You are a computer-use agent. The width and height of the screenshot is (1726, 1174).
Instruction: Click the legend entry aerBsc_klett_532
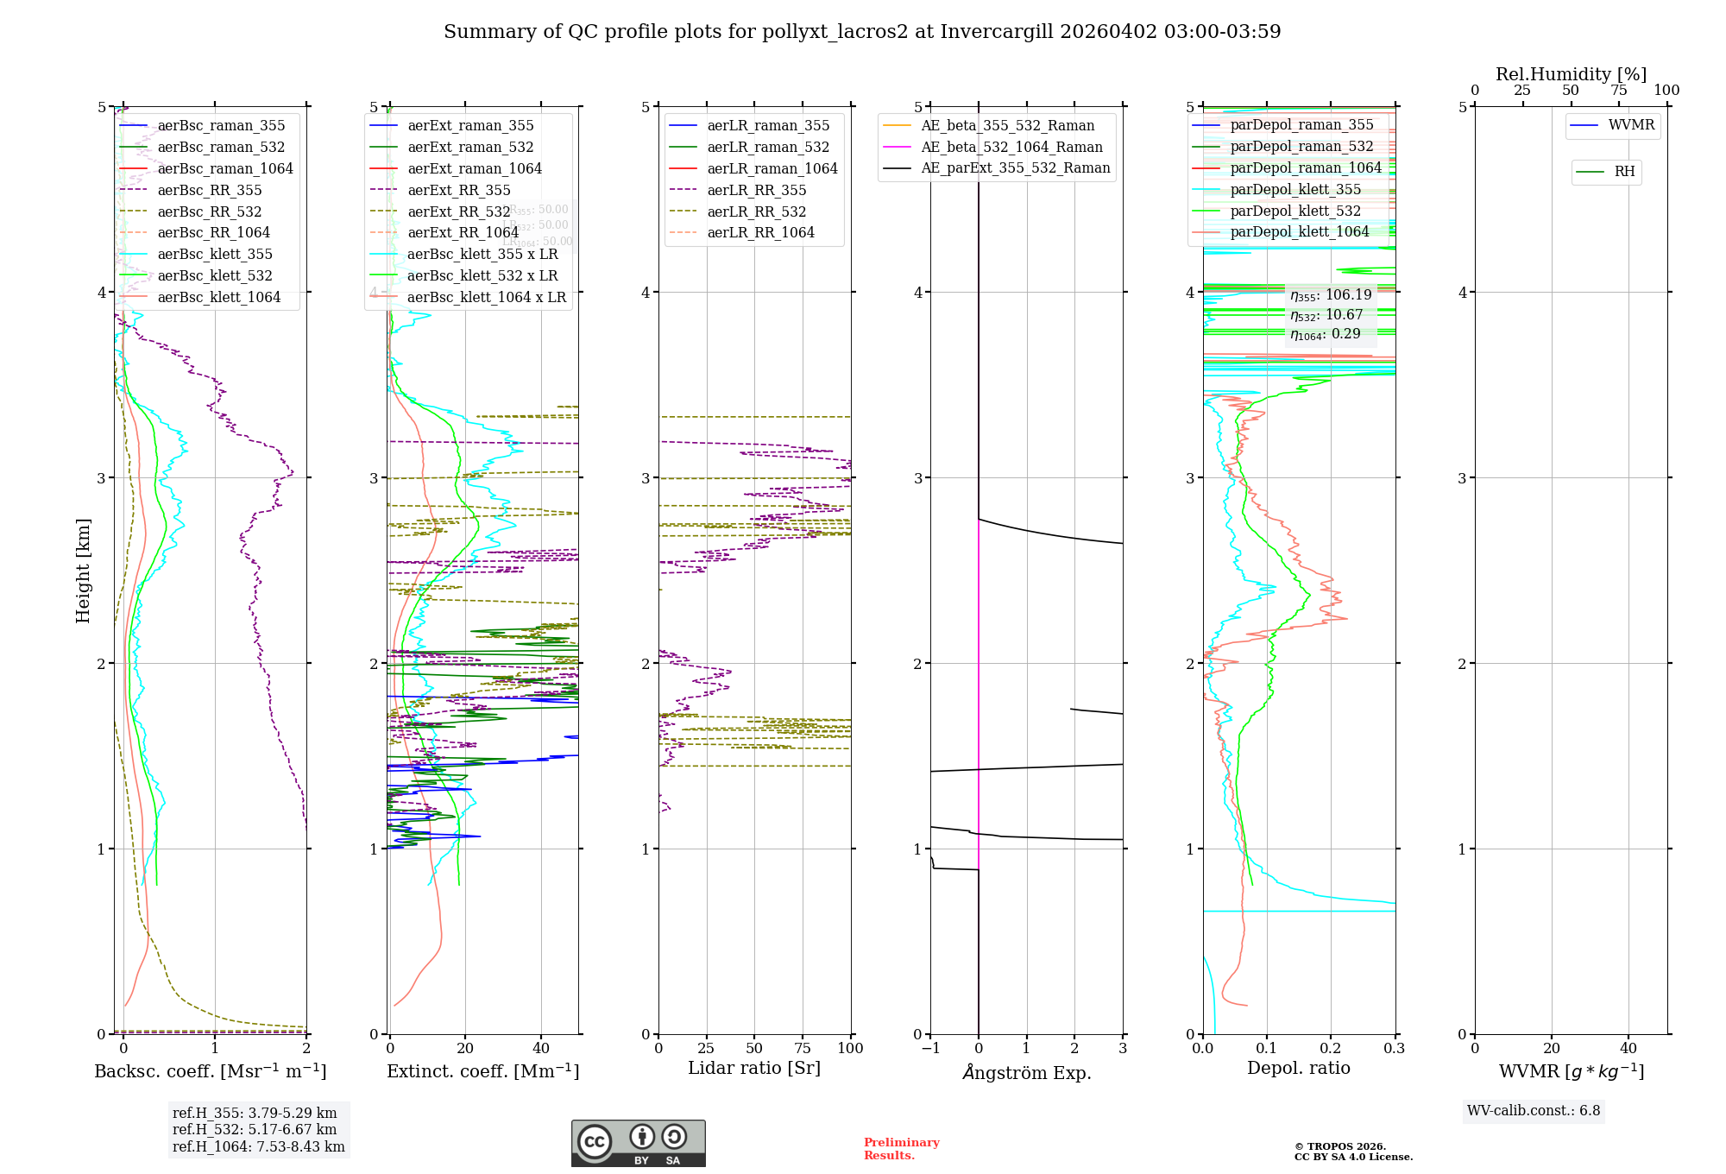tap(214, 276)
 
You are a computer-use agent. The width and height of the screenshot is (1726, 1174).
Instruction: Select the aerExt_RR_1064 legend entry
tap(463, 233)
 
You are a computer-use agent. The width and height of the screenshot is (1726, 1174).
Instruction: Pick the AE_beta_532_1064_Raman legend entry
tap(1011, 148)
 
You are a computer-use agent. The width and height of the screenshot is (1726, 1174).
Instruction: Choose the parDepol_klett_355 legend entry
tap(1294, 190)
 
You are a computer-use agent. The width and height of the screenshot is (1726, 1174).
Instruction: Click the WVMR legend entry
tap(1630, 126)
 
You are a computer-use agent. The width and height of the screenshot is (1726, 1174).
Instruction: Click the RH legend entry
tap(1623, 172)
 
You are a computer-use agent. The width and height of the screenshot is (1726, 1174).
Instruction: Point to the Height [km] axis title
tap(83, 570)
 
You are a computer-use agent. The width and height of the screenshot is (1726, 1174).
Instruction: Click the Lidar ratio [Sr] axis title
tap(753, 1069)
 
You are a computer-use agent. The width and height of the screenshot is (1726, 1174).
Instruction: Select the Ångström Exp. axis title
tap(1026, 1073)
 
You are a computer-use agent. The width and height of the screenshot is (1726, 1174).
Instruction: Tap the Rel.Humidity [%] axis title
tap(1571, 74)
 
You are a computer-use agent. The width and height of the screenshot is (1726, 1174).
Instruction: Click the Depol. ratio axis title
tap(1298, 1069)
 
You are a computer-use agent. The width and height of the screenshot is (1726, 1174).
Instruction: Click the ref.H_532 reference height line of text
tap(255, 1130)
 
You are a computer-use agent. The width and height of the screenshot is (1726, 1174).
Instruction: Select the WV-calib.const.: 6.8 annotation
tap(1534, 1111)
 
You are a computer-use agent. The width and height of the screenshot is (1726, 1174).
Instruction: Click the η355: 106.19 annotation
tap(1331, 295)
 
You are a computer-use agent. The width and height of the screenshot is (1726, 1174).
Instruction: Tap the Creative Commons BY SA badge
tap(638, 1144)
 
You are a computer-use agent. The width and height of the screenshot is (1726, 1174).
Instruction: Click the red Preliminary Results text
tap(901, 1149)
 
